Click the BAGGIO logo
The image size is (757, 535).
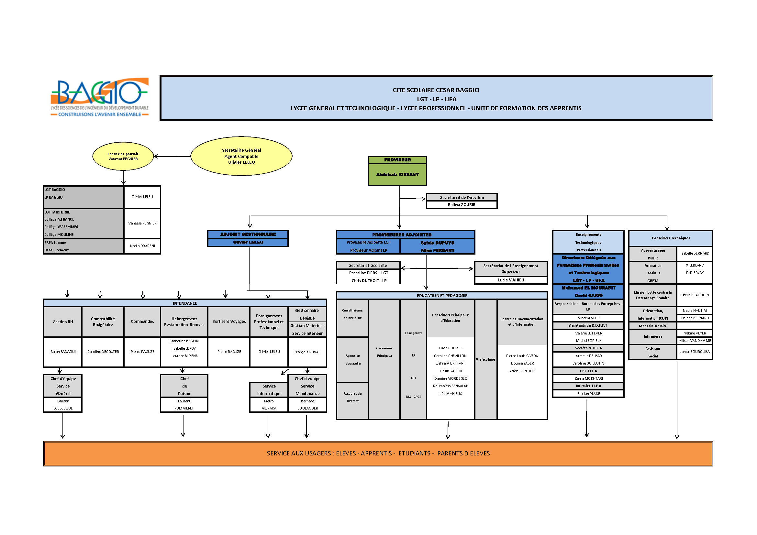pyautogui.click(x=99, y=97)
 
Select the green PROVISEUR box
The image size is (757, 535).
pyautogui.click(x=397, y=171)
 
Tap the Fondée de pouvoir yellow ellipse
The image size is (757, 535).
pyautogui.click(x=123, y=156)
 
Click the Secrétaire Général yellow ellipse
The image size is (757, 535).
pyautogui.click(x=241, y=156)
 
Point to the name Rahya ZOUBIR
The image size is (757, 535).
pyautogui.click(x=461, y=204)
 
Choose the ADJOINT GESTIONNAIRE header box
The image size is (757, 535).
pyautogui.click(x=248, y=234)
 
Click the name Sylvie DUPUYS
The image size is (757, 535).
pyautogui.click(x=437, y=243)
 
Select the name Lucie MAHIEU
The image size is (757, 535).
pyautogui.click(x=511, y=280)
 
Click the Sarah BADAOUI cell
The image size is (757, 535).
pyautogui.click(x=63, y=352)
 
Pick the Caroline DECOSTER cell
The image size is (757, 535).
pyautogui.click(x=103, y=352)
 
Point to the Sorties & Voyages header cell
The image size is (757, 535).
pyautogui.click(x=229, y=322)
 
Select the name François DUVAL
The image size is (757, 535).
pyautogui.click(x=307, y=352)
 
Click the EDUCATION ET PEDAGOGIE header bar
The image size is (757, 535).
pyautogui.click(x=442, y=296)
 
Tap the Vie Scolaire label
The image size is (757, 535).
pyautogui.click(x=485, y=359)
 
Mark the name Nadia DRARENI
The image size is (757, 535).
pyautogui.click(x=142, y=246)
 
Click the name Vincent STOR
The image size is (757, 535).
pyautogui.click(x=588, y=318)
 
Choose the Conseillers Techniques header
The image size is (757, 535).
pyautogui.click(x=670, y=238)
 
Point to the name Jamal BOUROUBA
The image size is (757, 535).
pyautogui.click(x=694, y=352)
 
